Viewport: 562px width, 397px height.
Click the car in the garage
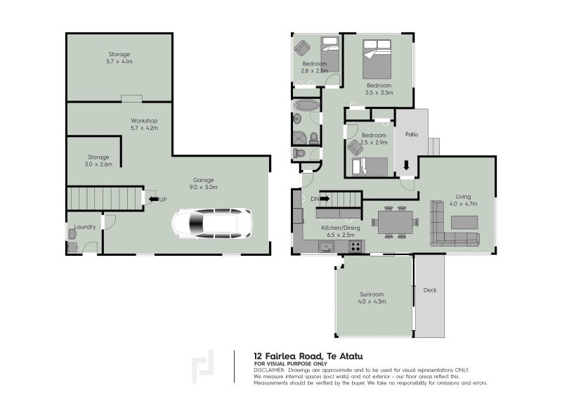tap(212, 223)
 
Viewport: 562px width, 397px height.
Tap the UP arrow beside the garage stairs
tap(154, 199)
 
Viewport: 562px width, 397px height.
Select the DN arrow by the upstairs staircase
tap(325, 198)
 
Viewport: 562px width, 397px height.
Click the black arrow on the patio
tap(406, 165)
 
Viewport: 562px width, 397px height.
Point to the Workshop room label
tap(144, 121)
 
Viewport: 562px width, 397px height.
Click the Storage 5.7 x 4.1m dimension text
tap(119, 61)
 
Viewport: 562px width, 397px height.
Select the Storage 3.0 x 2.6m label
tap(98, 161)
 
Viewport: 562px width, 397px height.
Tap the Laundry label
tap(85, 227)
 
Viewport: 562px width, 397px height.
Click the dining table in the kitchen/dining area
tap(396, 222)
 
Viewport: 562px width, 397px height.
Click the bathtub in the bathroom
tap(306, 105)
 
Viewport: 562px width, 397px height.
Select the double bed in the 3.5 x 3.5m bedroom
tap(377, 59)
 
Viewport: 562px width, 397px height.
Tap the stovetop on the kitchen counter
tap(355, 247)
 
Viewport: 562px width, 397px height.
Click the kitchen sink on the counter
tap(327, 247)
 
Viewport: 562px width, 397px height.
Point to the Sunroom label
tap(372, 294)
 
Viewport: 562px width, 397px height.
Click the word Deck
tap(430, 290)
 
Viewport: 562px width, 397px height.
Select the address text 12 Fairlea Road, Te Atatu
tap(308, 356)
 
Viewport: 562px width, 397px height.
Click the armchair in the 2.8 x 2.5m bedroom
tap(303, 48)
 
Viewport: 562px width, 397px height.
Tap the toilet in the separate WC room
tap(299, 153)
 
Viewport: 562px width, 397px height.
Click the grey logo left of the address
tap(202, 367)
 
